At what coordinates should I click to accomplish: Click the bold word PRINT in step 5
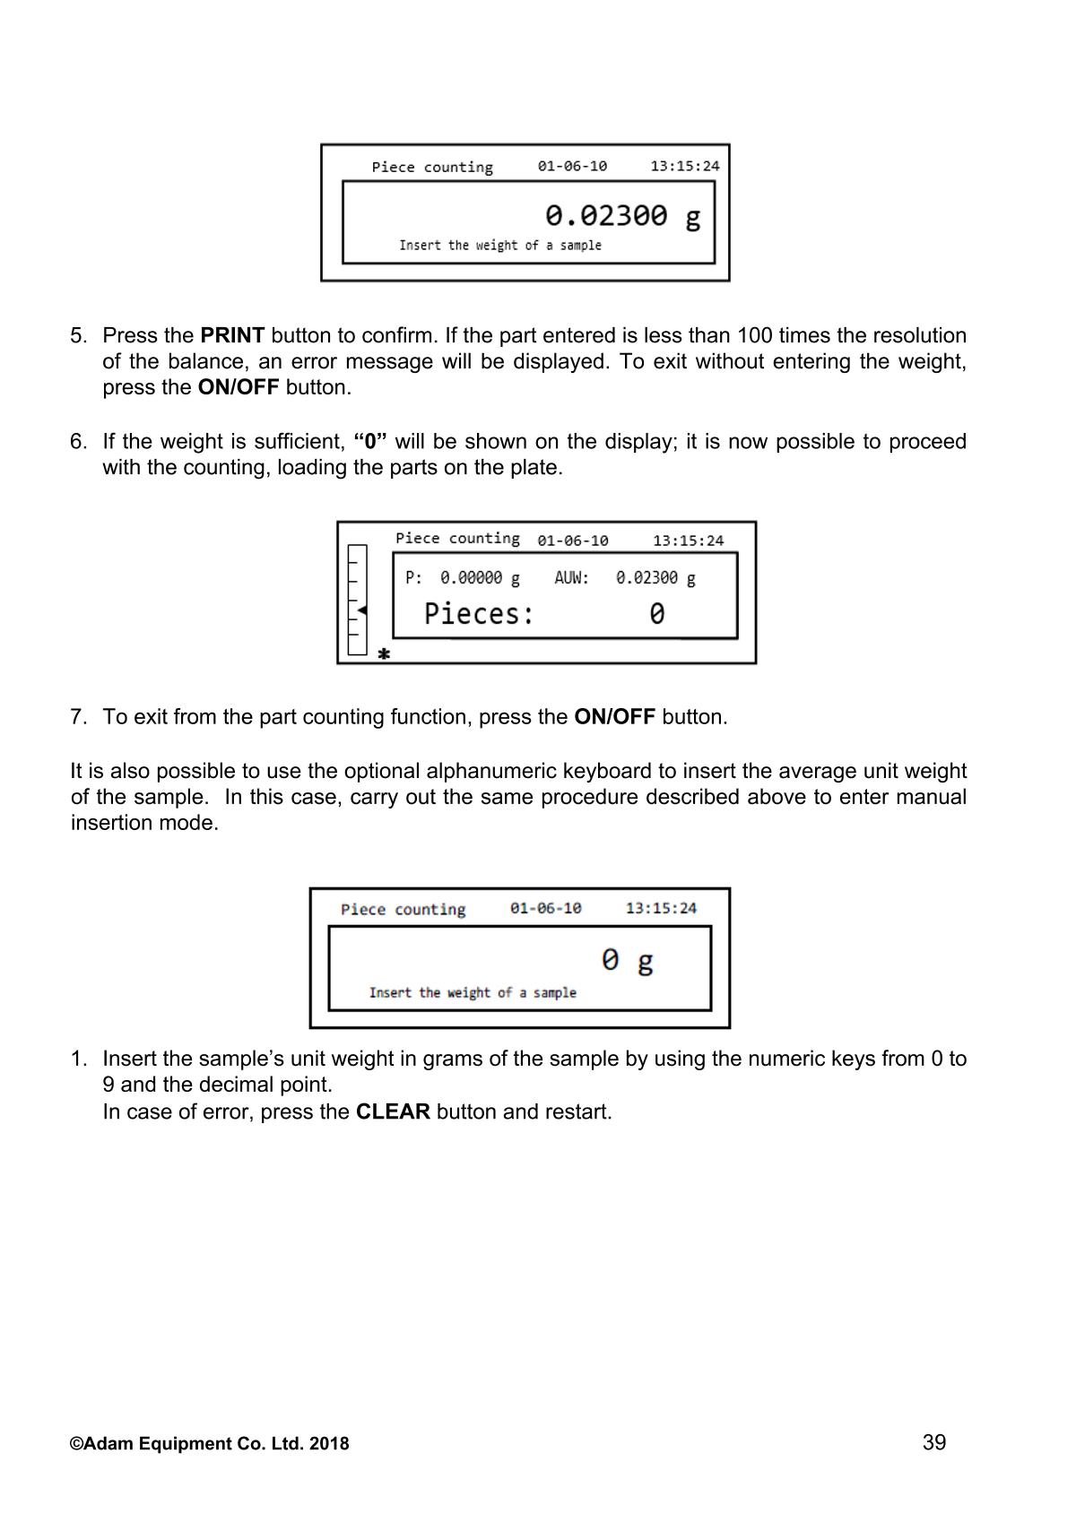232,336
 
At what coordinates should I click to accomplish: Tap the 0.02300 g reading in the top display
622,217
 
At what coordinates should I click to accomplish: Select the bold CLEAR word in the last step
393,1112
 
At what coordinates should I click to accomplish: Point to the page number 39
934,1442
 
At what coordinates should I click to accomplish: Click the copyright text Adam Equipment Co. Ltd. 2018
210,1444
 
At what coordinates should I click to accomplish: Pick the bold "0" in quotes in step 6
370,442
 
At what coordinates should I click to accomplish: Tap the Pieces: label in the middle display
479,614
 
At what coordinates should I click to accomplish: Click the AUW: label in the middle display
571,578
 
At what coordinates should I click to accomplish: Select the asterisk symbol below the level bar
384,654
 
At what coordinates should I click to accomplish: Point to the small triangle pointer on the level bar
361,610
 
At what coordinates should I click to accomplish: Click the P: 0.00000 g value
463,578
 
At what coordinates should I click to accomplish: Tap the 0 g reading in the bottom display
627,961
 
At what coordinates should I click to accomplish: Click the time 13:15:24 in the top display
684,167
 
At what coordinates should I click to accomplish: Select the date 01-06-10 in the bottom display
545,909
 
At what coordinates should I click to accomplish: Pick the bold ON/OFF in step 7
614,718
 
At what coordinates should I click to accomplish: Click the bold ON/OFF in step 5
239,388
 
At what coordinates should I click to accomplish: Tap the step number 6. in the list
79,442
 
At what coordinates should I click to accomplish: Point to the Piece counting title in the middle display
457,539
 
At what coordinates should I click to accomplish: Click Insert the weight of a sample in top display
500,246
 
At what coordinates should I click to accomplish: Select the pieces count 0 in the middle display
657,614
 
